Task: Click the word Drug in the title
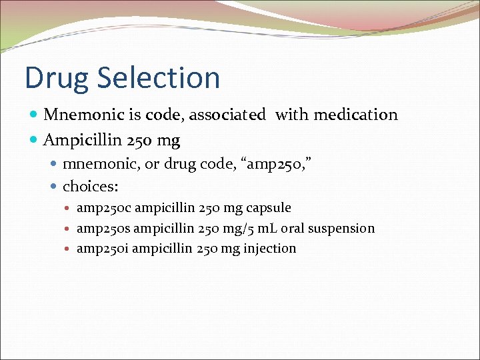[57, 78]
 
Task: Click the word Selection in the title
[159, 78]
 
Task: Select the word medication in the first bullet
[355, 115]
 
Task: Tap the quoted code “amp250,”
[279, 164]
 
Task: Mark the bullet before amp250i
[69, 249]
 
